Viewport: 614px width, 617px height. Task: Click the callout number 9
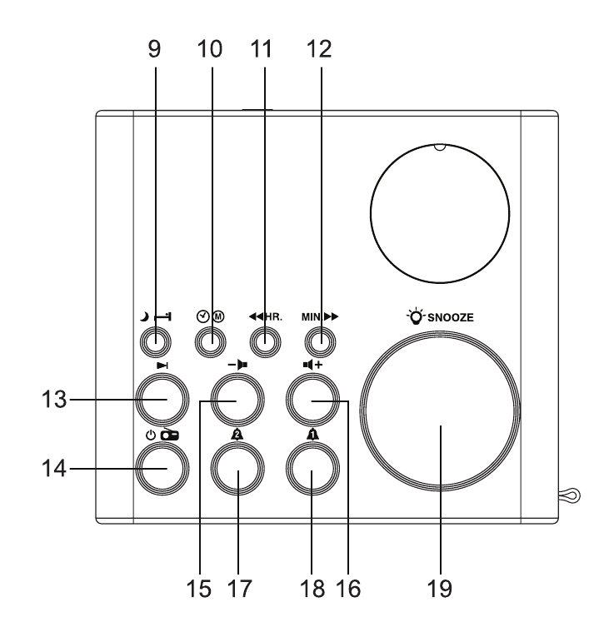coord(154,49)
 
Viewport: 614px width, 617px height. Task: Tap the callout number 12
coord(319,49)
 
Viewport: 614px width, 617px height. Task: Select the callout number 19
coord(440,589)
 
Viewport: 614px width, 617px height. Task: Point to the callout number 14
coord(54,469)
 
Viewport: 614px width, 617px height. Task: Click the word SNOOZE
coord(450,317)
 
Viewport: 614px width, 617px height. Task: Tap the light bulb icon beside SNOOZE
coord(415,316)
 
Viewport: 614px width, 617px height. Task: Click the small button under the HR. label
coord(265,342)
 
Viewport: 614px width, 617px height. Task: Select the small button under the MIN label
coord(321,342)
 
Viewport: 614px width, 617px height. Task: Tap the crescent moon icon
coord(145,316)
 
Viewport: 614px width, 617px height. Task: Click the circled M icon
coord(218,316)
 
